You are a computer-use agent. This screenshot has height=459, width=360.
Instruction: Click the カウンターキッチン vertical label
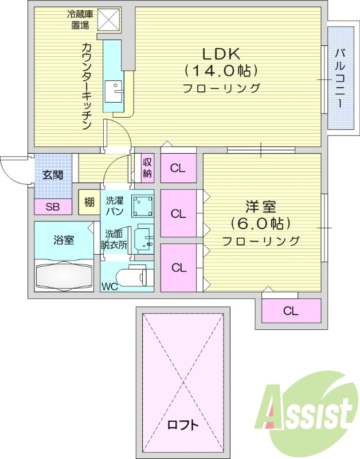(x=87, y=86)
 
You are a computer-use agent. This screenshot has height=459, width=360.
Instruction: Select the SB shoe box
(x=52, y=207)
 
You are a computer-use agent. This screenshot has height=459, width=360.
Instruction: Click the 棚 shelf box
(x=89, y=202)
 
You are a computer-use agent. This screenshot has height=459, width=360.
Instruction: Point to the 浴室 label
(x=64, y=240)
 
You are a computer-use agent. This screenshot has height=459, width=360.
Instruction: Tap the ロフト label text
(x=183, y=425)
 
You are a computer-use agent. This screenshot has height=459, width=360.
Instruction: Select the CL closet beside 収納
(x=178, y=168)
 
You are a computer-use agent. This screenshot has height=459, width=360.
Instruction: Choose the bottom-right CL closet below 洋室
(x=291, y=311)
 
